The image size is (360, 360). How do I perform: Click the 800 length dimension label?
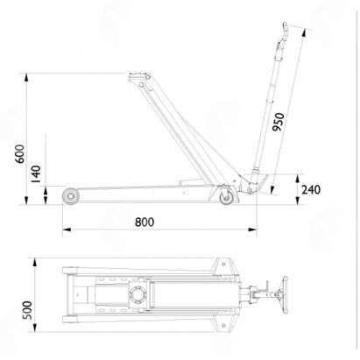pyautogui.click(x=145, y=222)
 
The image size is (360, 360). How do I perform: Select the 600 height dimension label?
pyautogui.click(x=20, y=154)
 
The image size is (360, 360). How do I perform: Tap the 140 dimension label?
pyautogui.click(x=36, y=174)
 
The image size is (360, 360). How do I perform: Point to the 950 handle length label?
pyautogui.click(x=278, y=122)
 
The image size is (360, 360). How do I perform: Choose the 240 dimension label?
pyautogui.click(x=311, y=190)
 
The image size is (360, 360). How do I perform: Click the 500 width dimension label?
pyautogui.click(x=27, y=310)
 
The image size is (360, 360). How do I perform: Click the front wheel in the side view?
pyautogui.click(x=71, y=196)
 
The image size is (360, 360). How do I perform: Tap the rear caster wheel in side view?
pyautogui.click(x=227, y=198)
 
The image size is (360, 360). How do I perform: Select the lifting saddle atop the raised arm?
pyautogui.click(x=137, y=77)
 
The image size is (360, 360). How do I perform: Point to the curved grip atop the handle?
pyautogui.click(x=285, y=33)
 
